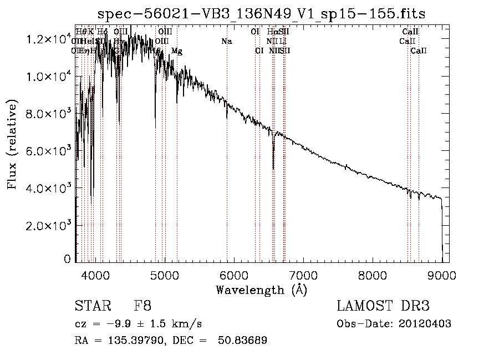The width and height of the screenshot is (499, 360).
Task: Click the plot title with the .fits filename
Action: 261,14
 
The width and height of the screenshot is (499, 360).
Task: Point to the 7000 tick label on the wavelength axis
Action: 303,275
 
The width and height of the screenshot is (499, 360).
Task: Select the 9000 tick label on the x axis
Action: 441,275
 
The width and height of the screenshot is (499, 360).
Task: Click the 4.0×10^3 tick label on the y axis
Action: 48,188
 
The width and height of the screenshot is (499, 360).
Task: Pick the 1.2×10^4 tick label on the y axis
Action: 48,39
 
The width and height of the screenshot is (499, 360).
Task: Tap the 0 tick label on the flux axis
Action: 67,259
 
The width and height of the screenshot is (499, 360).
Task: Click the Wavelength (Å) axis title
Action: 261,290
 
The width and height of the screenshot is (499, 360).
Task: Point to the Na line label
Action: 226,41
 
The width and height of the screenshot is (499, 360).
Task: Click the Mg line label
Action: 177,51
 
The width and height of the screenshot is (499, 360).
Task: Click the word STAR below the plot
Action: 90,306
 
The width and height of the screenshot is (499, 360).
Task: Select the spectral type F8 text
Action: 142,306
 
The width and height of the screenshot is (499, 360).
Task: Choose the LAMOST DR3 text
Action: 383,306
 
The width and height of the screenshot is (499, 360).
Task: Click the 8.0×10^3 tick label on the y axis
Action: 48,114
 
